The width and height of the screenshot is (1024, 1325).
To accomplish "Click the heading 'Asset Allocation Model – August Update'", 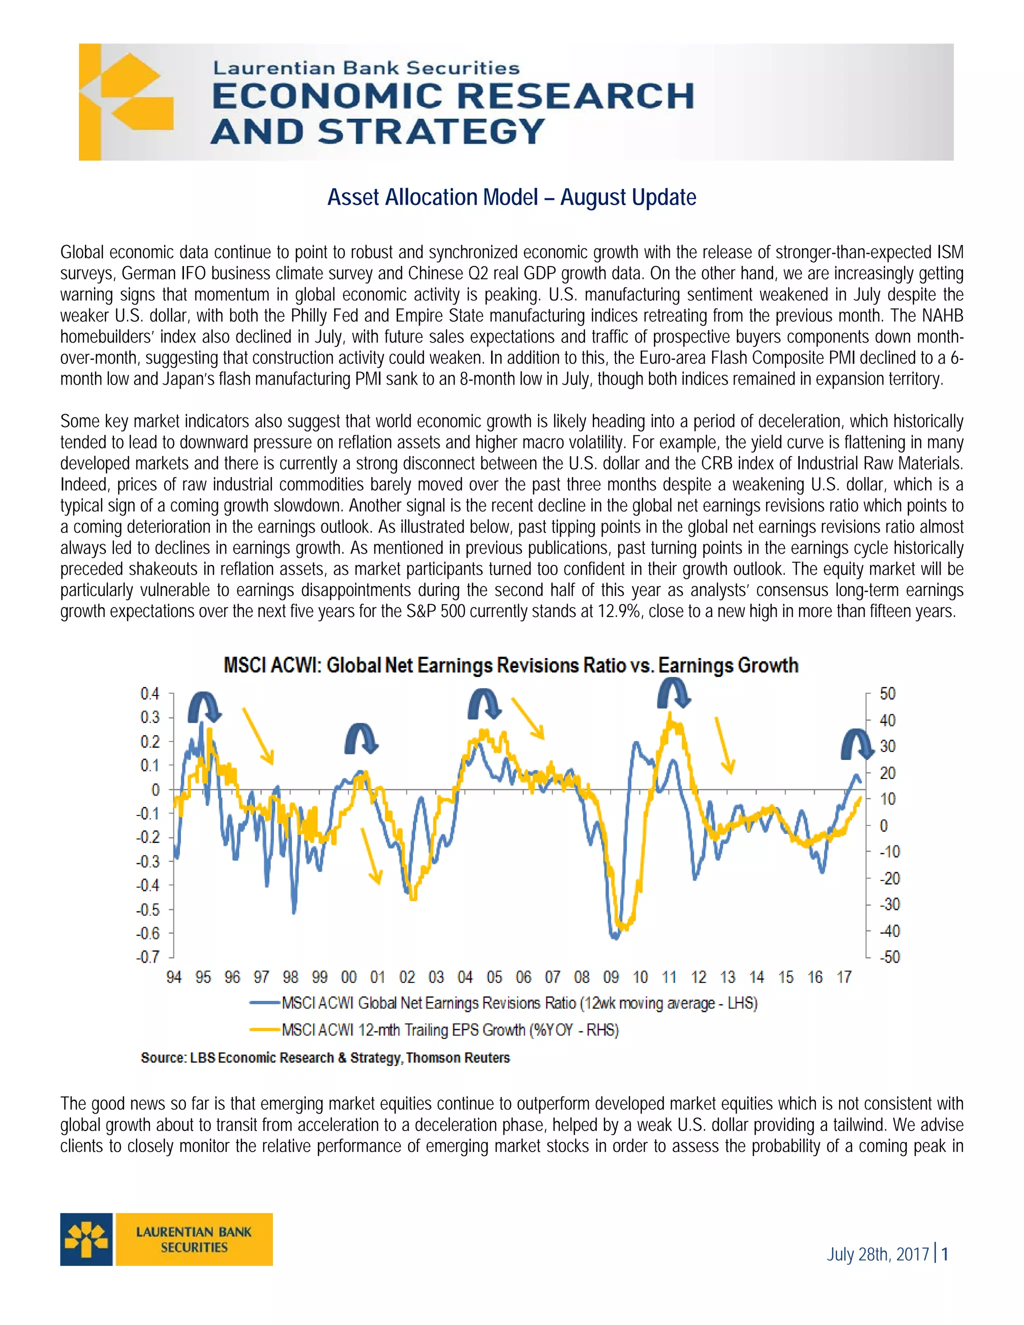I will point(511,197).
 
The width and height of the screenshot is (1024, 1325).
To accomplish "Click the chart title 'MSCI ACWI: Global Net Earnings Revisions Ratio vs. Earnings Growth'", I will point(511,665).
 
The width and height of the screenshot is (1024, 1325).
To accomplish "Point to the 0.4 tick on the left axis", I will point(150,693).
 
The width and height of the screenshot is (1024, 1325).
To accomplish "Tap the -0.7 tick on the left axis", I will point(148,956).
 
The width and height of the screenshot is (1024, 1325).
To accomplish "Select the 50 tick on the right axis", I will point(887,693).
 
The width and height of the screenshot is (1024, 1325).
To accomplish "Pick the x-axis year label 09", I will point(611,977).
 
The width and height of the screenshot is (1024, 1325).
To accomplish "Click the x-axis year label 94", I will point(174,977).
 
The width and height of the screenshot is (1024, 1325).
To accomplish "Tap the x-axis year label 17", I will point(844,977).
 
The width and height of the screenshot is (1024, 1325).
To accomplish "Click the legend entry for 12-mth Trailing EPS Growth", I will point(449,1030).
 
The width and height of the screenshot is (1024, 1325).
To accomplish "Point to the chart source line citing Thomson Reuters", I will point(325,1058).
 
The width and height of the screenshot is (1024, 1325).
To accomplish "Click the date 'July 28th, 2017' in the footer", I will point(877,1254).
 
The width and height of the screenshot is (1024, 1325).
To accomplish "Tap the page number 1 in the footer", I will point(944,1254).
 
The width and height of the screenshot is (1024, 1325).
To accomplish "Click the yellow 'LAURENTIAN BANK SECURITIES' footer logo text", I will point(193,1239).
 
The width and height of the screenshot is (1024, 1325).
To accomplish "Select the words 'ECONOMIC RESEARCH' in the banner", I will point(452,96).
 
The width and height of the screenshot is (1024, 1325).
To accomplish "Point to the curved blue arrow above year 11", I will point(674,693).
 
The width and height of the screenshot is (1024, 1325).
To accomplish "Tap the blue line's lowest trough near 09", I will point(614,937).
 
